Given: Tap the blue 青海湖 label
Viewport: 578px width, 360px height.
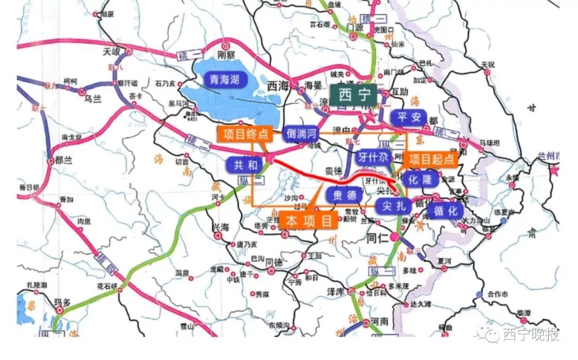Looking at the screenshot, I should coord(225,81).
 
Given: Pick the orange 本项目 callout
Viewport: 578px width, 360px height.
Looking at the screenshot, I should coord(309,220).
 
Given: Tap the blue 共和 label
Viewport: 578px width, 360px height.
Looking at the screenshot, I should coord(245,164).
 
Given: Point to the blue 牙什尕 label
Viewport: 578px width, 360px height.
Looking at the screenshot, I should coord(373,158).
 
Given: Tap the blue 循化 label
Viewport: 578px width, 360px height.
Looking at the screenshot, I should coord(446,211).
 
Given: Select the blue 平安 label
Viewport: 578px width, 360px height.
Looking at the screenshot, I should coord(409,118).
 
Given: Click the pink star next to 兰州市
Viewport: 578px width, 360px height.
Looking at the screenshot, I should coord(554,171).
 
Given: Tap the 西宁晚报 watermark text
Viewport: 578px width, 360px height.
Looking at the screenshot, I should coord(530,334).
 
